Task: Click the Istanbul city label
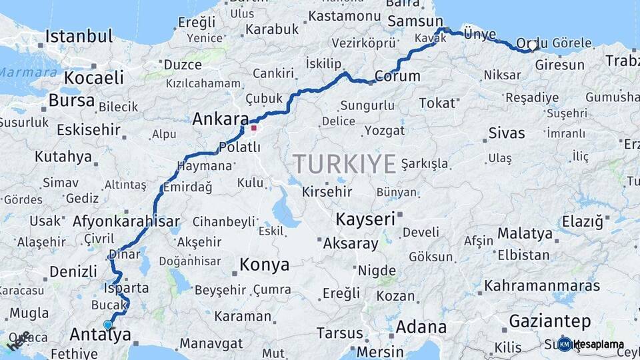pyautogui.click(x=78, y=36)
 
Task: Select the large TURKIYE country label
pyautogui.click(x=345, y=163)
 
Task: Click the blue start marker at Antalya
pyautogui.click(x=108, y=325)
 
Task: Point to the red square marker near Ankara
pyautogui.click(x=254, y=127)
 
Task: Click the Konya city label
pyautogui.click(x=264, y=265)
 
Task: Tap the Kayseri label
pyautogui.click(x=365, y=219)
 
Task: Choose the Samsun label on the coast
pyautogui.click(x=415, y=21)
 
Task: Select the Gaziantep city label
pyautogui.click(x=549, y=322)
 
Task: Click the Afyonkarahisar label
pyautogui.click(x=126, y=222)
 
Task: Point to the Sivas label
pyautogui.click(x=507, y=132)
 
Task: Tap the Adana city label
pyautogui.click(x=421, y=327)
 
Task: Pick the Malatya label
pyautogui.click(x=525, y=233)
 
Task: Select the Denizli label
pyautogui.click(x=73, y=271)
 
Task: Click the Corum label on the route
pyautogui.click(x=397, y=76)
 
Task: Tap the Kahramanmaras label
pyautogui.click(x=542, y=285)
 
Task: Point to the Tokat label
pyautogui.click(x=438, y=103)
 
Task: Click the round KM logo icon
pyautogui.click(x=565, y=344)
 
